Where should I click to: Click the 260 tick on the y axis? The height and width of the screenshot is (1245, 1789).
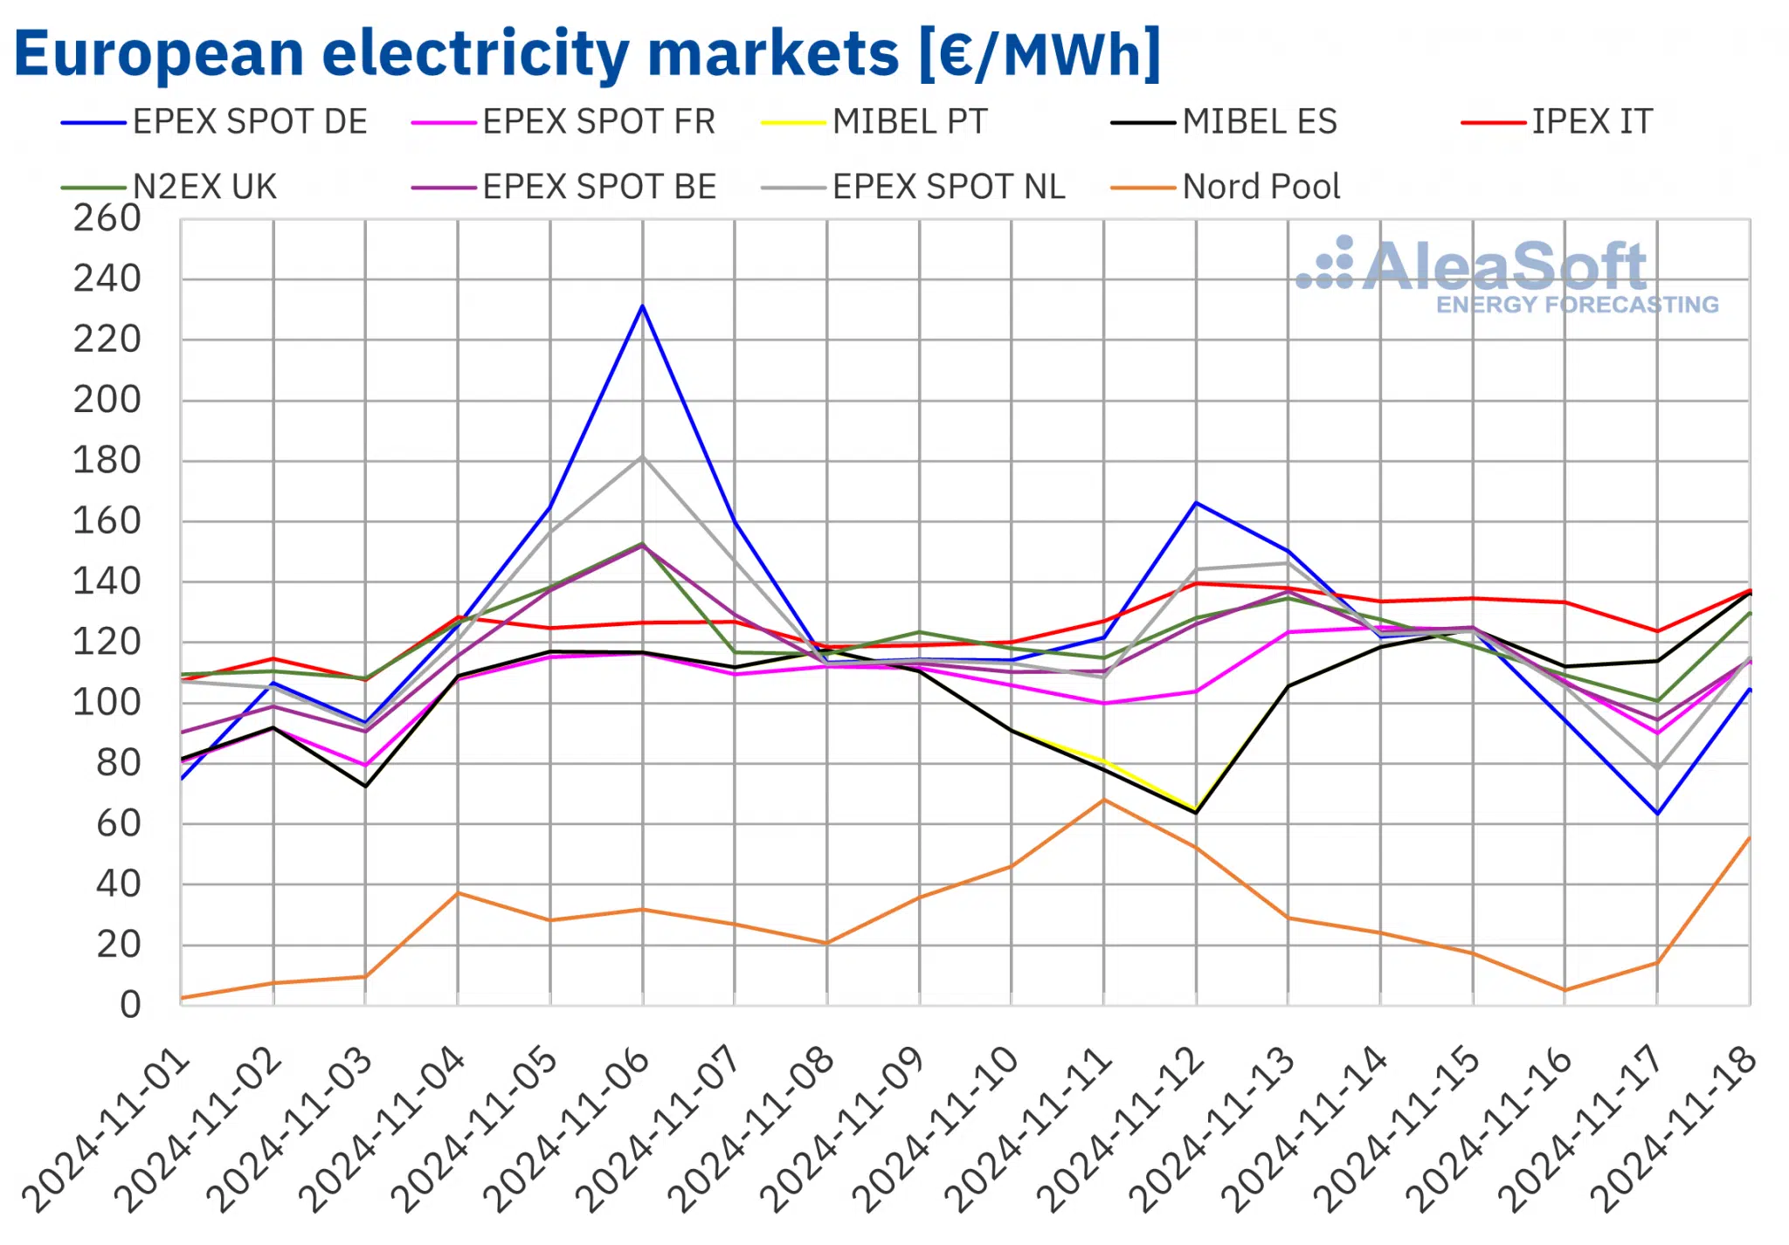tap(107, 218)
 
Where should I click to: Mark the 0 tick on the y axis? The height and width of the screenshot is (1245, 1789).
tap(130, 1005)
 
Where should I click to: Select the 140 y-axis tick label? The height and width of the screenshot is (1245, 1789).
tap(107, 581)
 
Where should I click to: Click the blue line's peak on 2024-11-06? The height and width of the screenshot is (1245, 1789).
tap(643, 306)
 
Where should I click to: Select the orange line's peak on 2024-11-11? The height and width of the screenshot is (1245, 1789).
tap(1104, 800)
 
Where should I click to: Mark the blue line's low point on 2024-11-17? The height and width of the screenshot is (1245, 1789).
tap(1657, 814)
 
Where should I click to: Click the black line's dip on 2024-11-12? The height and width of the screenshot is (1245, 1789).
tap(1196, 813)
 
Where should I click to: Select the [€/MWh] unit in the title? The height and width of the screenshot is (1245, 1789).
tap(1040, 54)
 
